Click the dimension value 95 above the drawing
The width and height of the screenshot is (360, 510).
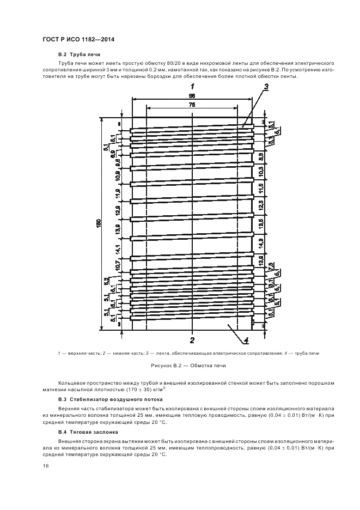point(192,95)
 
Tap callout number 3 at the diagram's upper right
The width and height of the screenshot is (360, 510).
point(266,87)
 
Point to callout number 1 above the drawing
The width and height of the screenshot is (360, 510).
point(192,87)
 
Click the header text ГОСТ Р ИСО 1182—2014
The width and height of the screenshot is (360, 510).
point(78,40)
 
